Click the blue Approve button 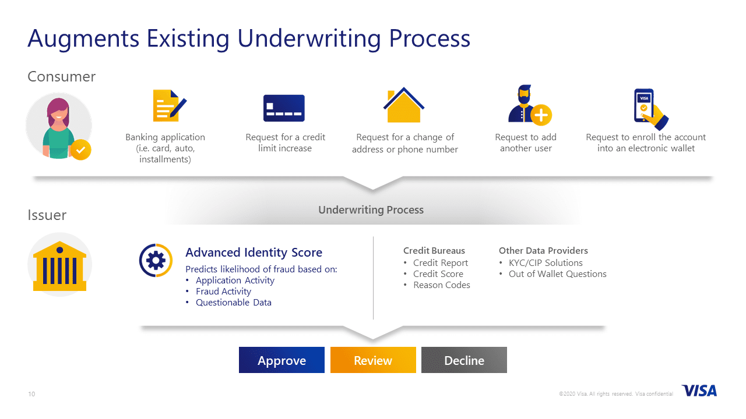point(281,360)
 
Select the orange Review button point(373,360)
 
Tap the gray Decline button point(464,360)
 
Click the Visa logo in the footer point(699,390)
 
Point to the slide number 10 point(31,394)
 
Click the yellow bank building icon point(59,265)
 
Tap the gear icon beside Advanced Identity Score point(156,260)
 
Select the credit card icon point(284,108)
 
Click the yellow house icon point(403,105)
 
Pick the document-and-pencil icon point(168,105)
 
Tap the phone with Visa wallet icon point(649,108)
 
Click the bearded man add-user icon point(528,106)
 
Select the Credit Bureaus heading point(434,251)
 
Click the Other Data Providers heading point(543,251)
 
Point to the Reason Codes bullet point(441,285)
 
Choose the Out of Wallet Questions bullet point(557,274)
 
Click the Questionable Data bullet point(233,303)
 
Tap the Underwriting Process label point(371,210)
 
